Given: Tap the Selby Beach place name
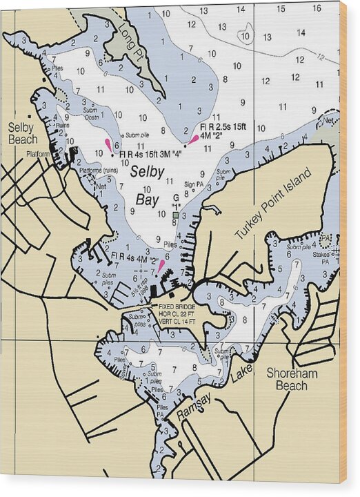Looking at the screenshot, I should pyautogui.click(x=23, y=133).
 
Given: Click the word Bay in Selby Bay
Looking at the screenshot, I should pyautogui.click(x=146, y=199).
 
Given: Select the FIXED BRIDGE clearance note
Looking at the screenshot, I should pyautogui.click(x=177, y=314).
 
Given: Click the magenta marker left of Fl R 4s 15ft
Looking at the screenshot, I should pyautogui.click(x=108, y=144).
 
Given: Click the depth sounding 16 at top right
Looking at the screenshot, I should pyautogui.click(x=316, y=9).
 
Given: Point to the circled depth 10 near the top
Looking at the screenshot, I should pyautogui.click(x=245, y=37).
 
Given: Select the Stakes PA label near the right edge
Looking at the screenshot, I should pyautogui.click(x=331, y=255).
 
